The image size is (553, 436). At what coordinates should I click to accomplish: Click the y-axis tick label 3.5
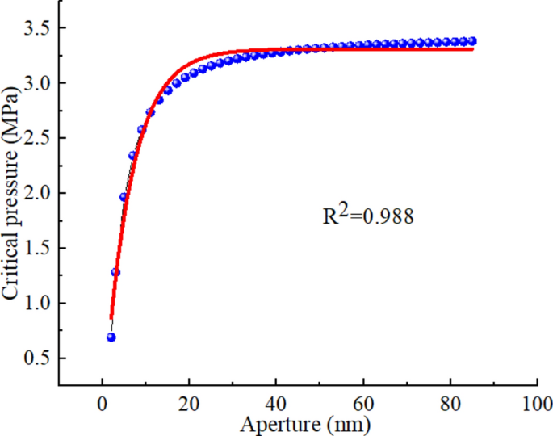coord(38,28)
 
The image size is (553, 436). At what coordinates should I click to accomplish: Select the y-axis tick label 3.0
coord(38,83)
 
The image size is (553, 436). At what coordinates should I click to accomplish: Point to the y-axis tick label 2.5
coord(38,138)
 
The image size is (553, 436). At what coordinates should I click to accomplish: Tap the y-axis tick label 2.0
coord(38,193)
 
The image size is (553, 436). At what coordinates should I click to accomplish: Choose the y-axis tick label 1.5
coord(38,248)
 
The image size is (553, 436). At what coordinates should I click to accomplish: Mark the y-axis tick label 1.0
coord(38,303)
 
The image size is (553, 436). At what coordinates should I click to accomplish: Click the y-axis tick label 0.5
coord(38,358)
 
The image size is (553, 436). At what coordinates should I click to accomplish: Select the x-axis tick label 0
coord(102,401)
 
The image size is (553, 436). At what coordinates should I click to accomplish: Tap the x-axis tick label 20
coord(189,401)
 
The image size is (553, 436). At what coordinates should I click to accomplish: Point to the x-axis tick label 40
coord(276,401)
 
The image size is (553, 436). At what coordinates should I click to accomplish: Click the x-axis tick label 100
coord(536,401)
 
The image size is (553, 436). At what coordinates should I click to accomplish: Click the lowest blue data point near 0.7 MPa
coord(111,337)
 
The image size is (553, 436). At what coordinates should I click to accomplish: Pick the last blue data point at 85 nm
coord(472,40)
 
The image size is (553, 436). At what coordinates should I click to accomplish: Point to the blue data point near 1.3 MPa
coord(115,272)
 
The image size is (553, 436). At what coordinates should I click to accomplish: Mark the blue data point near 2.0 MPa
coord(124,197)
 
